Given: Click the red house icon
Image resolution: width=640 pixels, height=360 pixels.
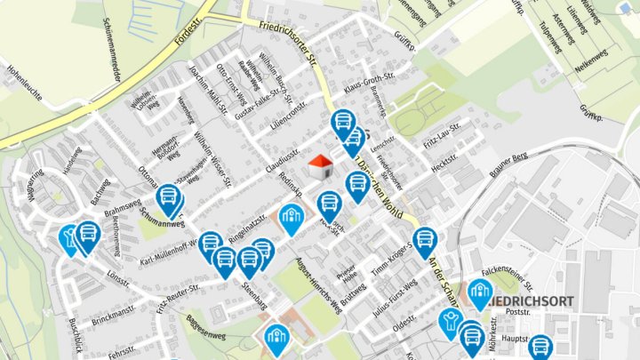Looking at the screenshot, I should coord(319,164).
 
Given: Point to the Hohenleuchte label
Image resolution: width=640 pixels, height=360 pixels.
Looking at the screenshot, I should coord(24,76).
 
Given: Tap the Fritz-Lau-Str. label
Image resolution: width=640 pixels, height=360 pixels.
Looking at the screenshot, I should coord(442,133).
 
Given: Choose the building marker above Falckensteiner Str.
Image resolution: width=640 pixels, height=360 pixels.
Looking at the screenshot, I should coord(480,292).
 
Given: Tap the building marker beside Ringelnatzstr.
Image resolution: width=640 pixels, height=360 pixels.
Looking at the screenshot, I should coord(292,217).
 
